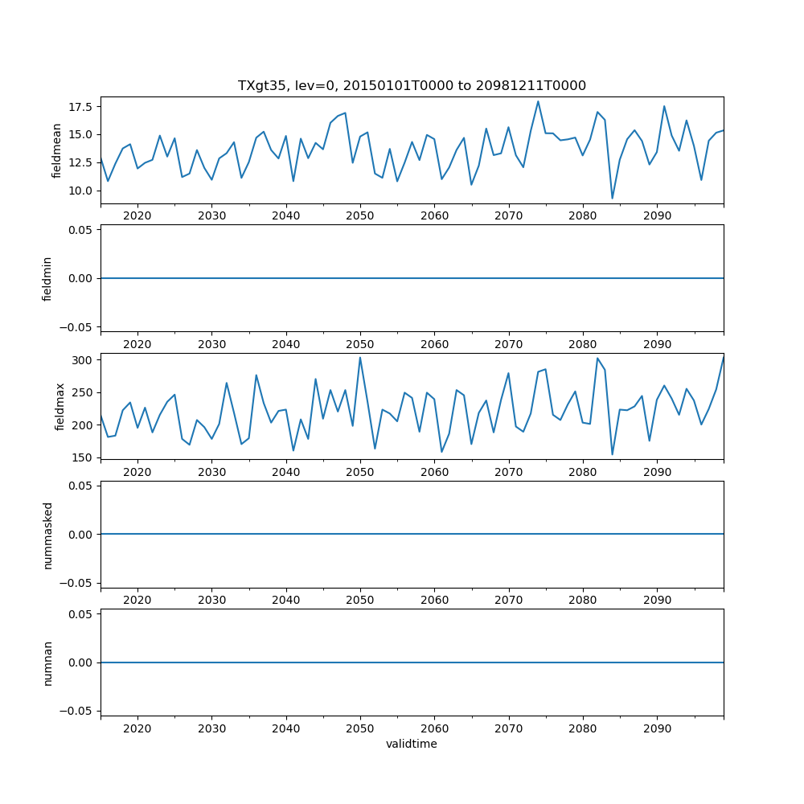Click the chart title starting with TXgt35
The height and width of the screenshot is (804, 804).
(412, 85)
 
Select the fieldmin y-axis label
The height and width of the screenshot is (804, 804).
(47, 278)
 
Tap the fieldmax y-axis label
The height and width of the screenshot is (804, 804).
(59, 407)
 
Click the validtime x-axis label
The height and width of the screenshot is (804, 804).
(412, 744)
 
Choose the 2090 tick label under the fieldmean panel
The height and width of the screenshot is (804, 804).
(657, 215)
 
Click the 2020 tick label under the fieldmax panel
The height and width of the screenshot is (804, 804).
(137, 471)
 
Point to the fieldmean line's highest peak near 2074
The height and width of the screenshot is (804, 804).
(538, 101)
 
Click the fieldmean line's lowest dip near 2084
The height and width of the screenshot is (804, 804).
(612, 198)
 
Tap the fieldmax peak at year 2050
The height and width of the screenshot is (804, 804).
(360, 358)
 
